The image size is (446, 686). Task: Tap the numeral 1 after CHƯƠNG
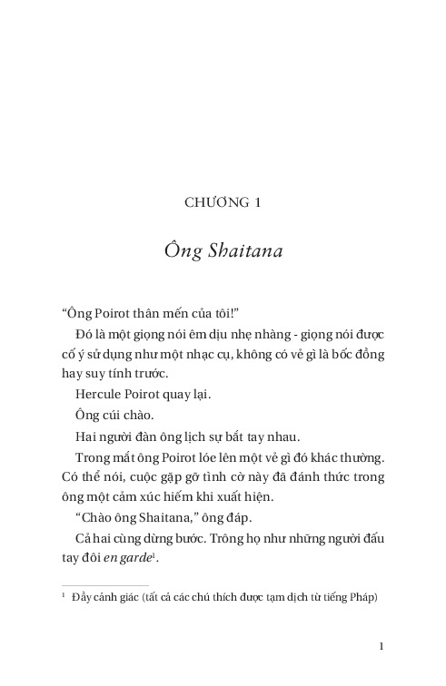click(x=259, y=202)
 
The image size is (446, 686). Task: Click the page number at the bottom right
click(x=383, y=646)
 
